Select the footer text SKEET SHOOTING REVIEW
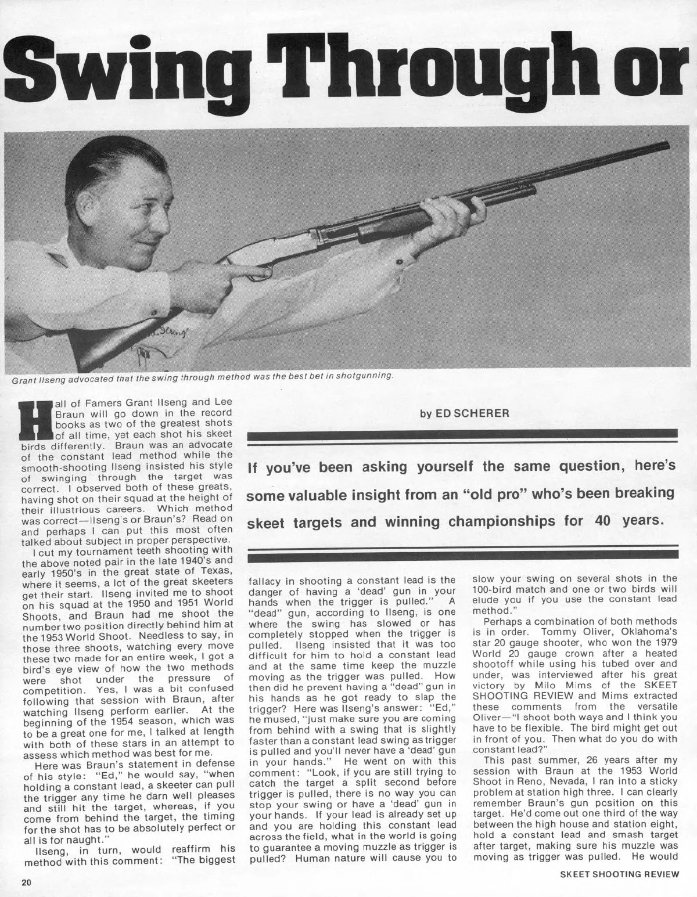coord(619,874)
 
